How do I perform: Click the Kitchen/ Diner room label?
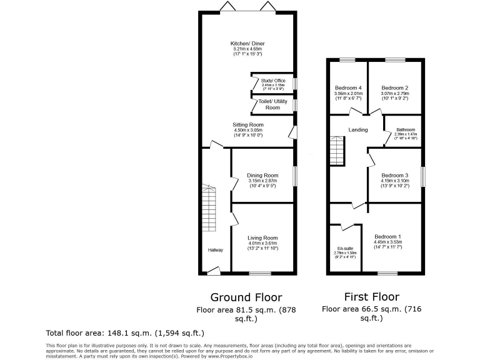tap(247, 44)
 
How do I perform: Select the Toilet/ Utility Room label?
tap(272, 104)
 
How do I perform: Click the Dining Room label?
tap(262, 176)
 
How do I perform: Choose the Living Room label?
tap(262, 237)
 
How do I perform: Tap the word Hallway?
tap(216, 250)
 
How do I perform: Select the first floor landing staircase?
tap(337, 152)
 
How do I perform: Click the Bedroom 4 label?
tap(348, 87)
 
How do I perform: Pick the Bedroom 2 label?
tap(395, 87)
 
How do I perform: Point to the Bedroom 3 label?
tap(395, 175)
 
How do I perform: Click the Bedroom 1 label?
tap(387, 237)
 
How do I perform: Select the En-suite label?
tap(344, 248)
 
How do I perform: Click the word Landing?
tap(358, 130)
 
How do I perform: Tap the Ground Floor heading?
tap(246, 297)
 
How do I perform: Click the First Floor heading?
tap(372, 296)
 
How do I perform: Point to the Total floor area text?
tap(125, 332)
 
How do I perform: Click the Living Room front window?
tap(260, 273)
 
